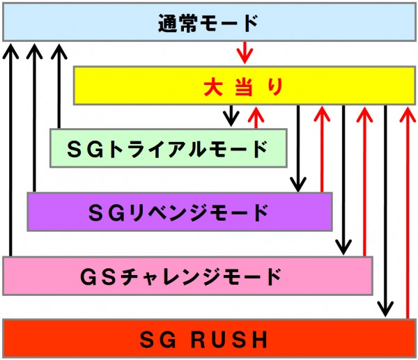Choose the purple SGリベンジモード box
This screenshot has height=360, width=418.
178,211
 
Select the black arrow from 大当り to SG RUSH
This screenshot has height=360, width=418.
385,212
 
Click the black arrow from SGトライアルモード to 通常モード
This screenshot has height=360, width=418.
59,87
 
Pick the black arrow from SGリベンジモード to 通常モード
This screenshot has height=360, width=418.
33,118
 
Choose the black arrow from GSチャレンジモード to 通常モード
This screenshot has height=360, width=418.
10,150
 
